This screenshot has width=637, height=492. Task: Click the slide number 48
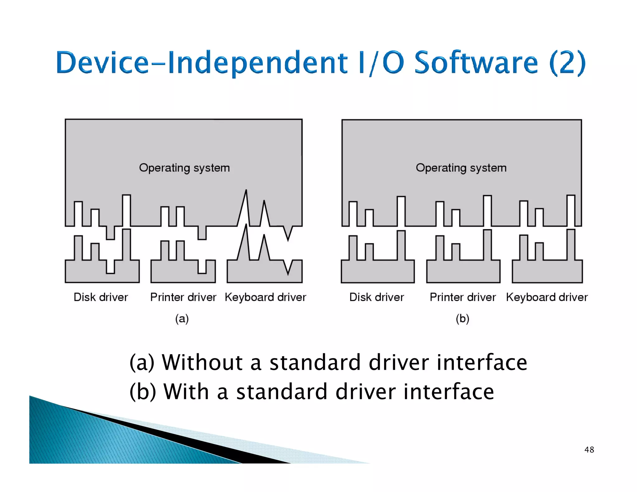click(x=589, y=449)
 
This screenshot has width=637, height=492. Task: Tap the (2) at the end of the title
click(x=567, y=63)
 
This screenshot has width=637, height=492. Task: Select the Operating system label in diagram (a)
click(x=184, y=168)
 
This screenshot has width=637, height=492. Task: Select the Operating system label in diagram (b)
click(x=461, y=168)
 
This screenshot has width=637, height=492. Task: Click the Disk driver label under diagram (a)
click(x=100, y=297)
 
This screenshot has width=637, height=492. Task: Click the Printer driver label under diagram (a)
click(x=183, y=297)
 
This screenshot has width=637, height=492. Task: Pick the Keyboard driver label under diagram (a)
click(x=265, y=297)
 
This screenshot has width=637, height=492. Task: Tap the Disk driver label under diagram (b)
click(x=376, y=297)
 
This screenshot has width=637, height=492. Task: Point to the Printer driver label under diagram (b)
click(x=463, y=297)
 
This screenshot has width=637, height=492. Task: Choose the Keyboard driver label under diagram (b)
click(x=547, y=297)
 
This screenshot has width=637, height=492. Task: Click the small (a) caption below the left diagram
click(x=182, y=319)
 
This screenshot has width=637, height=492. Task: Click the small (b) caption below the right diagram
click(x=462, y=319)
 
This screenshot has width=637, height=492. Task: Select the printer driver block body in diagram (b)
click(x=463, y=271)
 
